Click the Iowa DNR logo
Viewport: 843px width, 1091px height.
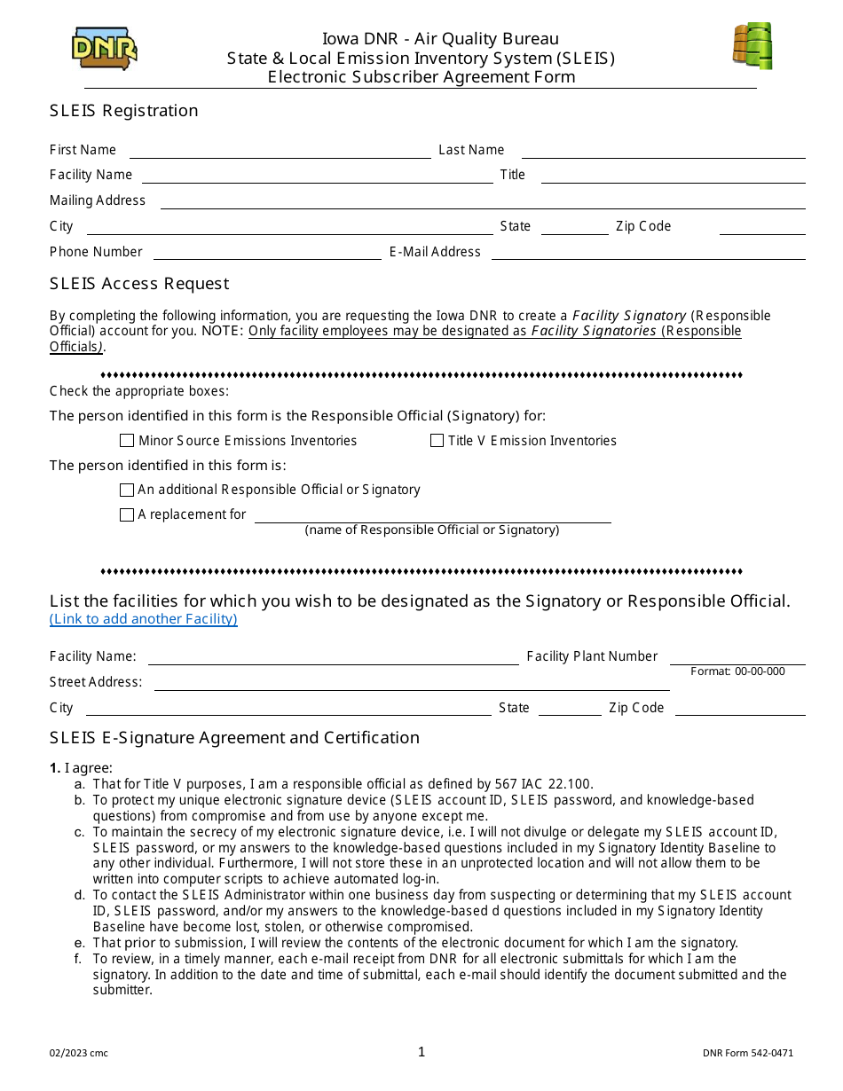click(104, 50)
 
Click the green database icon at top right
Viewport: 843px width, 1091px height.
click(752, 46)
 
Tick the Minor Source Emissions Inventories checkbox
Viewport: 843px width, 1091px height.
click(127, 441)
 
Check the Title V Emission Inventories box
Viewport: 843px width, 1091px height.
click(437, 441)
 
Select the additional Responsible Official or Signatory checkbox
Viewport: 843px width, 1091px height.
click(127, 490)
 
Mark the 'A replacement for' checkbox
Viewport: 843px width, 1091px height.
click(127, 514)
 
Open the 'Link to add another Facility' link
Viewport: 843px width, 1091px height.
click(144, 619)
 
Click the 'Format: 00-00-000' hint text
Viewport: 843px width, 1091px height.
click(737, 671)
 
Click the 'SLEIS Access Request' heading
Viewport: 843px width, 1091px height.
click(139, 284)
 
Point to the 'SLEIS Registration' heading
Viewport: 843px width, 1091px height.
click(124, 111)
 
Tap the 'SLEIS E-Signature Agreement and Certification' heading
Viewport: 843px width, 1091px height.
click(234, 738)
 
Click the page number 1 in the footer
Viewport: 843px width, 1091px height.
click(421, 1052)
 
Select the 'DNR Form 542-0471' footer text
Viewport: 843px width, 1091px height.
click(748, 1054)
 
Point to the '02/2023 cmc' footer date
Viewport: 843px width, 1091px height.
click(79, 1054)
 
